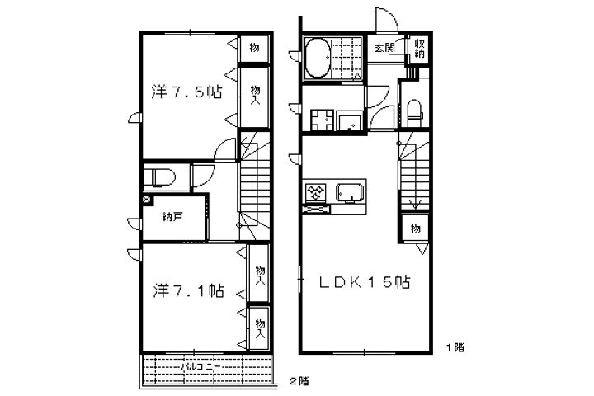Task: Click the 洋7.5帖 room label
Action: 186,92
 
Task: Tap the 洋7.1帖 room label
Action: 189,290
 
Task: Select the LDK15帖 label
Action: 365,282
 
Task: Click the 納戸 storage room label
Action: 171,217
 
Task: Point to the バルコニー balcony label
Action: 200,367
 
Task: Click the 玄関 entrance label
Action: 384,48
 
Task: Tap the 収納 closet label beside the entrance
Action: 419,49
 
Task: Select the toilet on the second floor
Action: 160,177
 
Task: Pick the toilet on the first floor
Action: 414,111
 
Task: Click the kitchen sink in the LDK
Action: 351,193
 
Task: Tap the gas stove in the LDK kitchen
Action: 316,192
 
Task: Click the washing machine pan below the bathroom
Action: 322,120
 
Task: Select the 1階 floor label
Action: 455,347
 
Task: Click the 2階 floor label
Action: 299,380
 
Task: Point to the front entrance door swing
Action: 386,20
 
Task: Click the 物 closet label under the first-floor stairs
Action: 416,229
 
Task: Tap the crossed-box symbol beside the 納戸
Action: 147,200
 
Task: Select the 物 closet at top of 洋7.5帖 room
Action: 255,48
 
